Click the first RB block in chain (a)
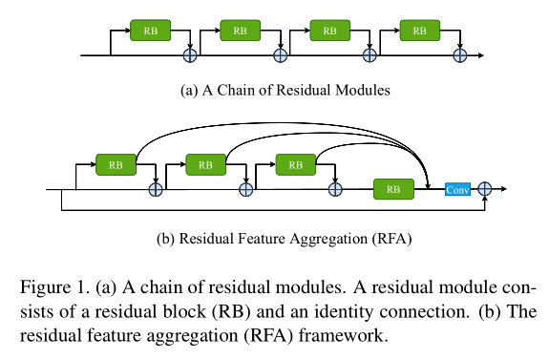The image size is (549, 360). (x=151, y=31)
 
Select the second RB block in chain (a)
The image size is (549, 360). (x=241, y=31)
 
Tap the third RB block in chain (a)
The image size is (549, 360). (x=330, y=31)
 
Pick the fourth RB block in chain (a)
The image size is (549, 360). (x=420, y=31)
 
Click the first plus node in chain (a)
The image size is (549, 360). (x=190, y=55)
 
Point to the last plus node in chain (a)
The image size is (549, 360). (x=459, y=55)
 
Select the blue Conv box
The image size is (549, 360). (x=457, y=189)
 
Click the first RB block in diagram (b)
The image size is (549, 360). (x=115, y=164)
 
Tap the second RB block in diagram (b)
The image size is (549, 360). (x=205, y=164)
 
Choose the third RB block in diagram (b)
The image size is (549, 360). (x=295, y=164)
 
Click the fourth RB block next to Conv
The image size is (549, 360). (x=392, y=189)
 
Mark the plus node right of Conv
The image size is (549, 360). (x=485, y=189)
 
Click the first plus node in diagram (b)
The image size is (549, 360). (x=156, y=189)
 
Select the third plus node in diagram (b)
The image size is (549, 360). (x=335, y=189)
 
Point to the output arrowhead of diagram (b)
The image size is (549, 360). (x=504, y=189)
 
